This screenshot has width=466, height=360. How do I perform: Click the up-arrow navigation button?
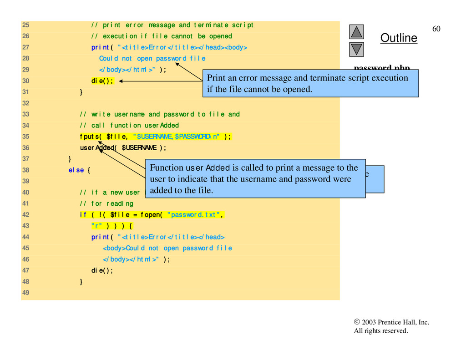(357, 31)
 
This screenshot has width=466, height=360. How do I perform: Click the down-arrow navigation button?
(357, 49)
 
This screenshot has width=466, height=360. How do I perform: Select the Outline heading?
(399, 38)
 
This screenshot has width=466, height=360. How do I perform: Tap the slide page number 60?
(436, 29)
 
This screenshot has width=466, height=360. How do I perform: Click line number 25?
(25, 25)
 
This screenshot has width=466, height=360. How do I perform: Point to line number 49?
(25, 293)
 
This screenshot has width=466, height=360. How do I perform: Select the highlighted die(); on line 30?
(102, 81)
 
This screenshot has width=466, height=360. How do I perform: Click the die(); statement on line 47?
(102, 270)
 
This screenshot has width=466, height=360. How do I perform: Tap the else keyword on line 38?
(76, 170)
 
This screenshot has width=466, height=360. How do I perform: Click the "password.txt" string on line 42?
(196, 215)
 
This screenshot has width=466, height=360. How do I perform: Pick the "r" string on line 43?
(97, 226)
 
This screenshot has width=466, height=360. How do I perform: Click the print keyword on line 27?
(100, 47)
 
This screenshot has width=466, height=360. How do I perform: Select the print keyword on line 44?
(100, 237)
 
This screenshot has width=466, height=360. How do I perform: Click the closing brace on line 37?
(70, 159)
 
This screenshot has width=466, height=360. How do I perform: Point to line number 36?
(25, 147)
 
